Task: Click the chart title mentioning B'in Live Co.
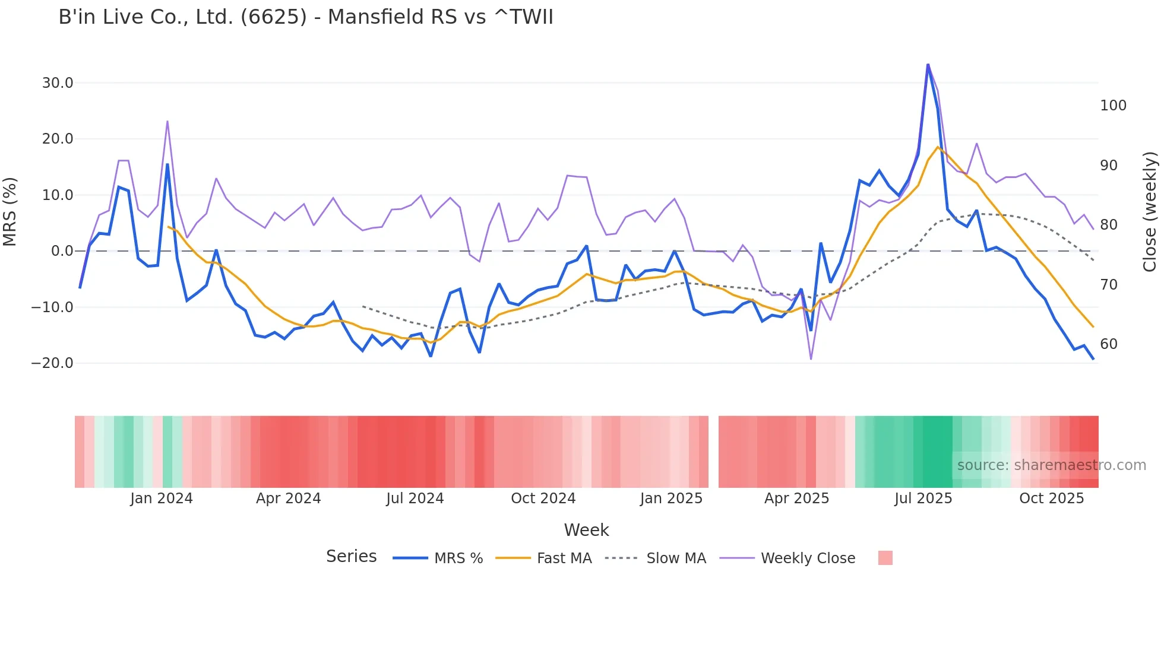(305, 17)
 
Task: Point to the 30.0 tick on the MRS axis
(58, 83)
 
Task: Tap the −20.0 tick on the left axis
(52, 363)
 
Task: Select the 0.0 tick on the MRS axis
(62, 251)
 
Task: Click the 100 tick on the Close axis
(1113, 106)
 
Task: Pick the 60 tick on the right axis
(1109, 344)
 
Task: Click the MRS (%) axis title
(10, 211)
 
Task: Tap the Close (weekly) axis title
(1150, 211)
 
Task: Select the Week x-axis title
(586, 530)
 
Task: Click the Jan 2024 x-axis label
(162, 499)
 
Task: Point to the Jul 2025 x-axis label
(923, 499)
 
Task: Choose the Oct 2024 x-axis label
(543, 499)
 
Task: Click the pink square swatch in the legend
(885, 558)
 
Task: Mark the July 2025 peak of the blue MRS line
(928, 65)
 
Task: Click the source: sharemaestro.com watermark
(1051, 465)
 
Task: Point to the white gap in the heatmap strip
(713, 452)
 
